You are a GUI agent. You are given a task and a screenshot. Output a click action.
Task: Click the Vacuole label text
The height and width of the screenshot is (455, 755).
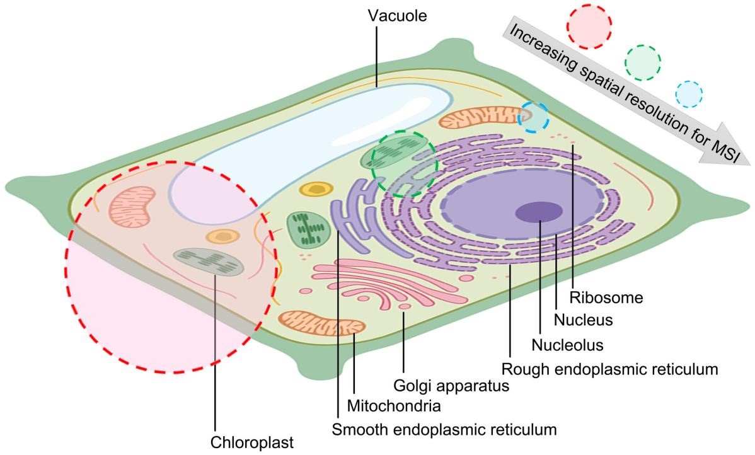pos(397,14)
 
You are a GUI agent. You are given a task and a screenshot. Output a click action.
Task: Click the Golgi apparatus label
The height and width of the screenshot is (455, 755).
pos(451,384)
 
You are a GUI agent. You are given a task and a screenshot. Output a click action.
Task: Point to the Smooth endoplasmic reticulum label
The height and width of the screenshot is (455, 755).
pos(444,430)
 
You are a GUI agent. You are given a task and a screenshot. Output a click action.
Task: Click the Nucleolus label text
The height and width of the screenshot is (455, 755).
pos(567,345)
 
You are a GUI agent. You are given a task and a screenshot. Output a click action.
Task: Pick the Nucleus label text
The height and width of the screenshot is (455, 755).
pos(583,320)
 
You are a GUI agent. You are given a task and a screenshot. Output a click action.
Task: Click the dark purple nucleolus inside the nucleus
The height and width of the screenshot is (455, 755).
pos(539,212)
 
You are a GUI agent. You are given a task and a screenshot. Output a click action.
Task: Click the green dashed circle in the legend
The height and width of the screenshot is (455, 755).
pos(642,62)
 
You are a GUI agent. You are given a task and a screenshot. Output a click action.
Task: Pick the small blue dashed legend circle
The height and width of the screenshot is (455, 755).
pos(688,94)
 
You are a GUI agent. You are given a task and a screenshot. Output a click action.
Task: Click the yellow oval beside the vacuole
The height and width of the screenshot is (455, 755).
pos(315,188)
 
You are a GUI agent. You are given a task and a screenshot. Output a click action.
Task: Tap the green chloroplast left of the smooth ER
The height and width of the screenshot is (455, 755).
pos(307,229)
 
